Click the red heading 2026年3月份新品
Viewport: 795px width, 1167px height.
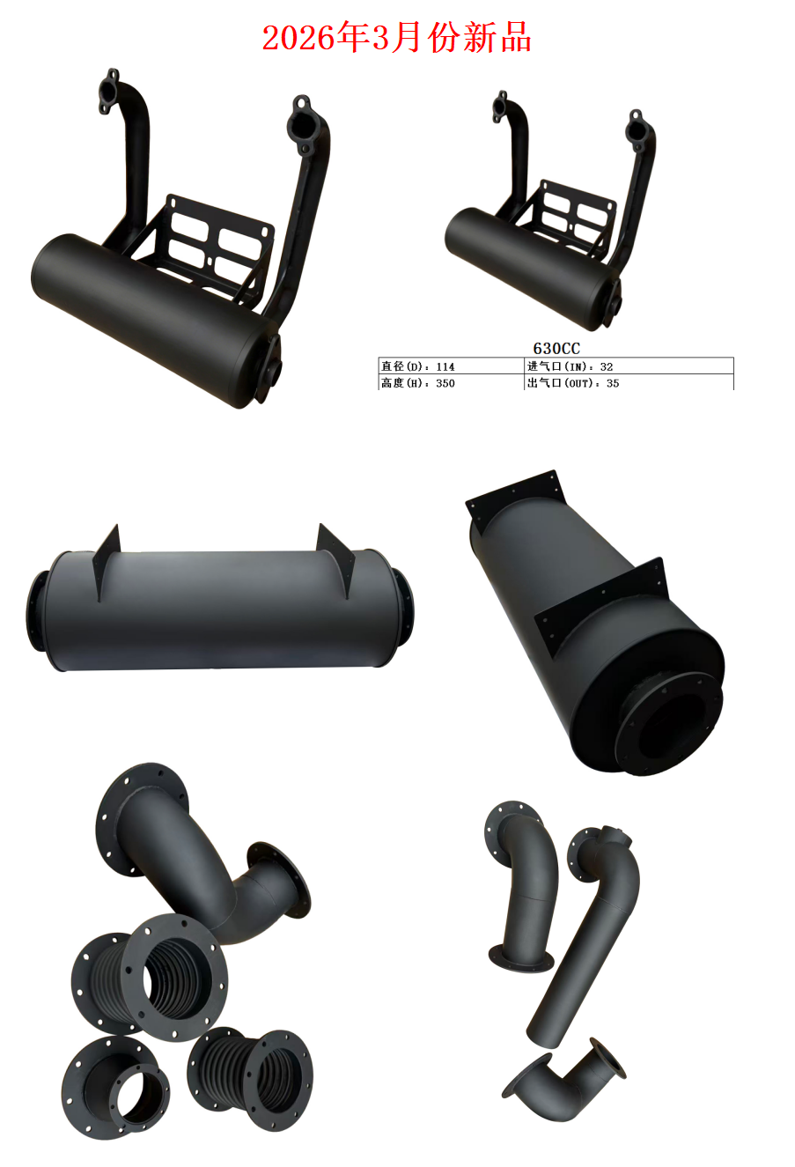[x=397, y=38]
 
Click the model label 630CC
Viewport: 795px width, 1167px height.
[x=556, y=348]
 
